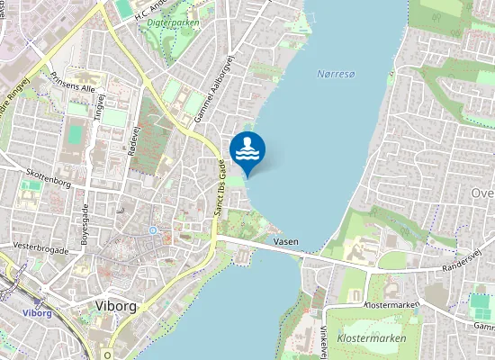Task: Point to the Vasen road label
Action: [285, 241]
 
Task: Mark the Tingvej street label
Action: [100, 105]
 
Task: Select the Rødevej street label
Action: [135, 141]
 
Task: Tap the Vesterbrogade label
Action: [40, 243]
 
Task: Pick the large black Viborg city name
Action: [114, 306]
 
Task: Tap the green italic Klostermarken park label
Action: [371, 338]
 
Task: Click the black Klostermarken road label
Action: [391, 305]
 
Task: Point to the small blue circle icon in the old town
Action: [153, 229]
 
